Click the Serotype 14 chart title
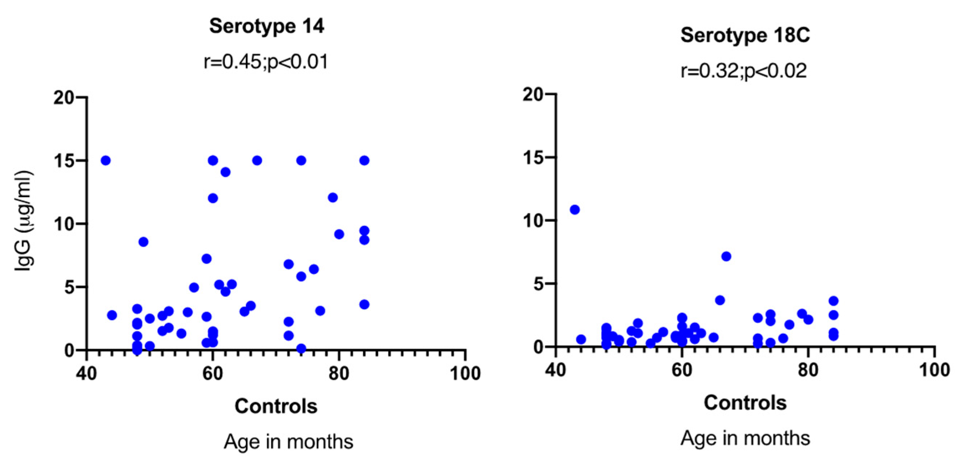click(x=266, y=26)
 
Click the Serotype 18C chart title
click(x=745, y=36)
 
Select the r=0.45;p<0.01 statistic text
click(x=266, y=61)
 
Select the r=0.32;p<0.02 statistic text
click(x=744, y=71)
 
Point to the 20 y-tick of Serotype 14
click(x=64, y=98)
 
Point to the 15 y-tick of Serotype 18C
click(x=534, y=158)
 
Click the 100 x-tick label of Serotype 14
click(x=465, y=373)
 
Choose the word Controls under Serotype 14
click(x=276, y=406)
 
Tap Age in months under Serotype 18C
click(x=745, y=438)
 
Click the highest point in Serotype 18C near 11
click(x=575, y=210)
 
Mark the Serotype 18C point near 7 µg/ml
click(x=726, y=256)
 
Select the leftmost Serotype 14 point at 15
click(x=105, y=161)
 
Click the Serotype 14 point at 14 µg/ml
click(x=225, y=172)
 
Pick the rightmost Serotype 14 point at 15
click(x=364, y=161)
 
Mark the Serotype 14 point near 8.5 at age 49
click(x=144, y=242)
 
